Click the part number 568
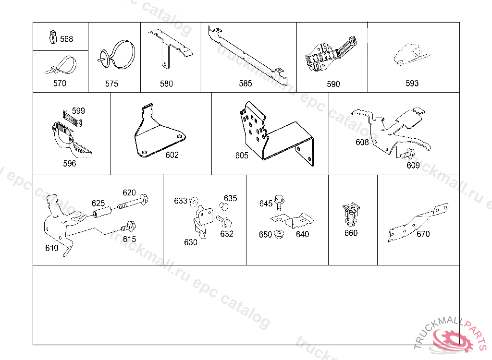click(66, 39)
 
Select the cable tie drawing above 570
click(61, 65)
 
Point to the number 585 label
click(246, 84)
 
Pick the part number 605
click(242, 155)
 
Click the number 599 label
click(78, 111)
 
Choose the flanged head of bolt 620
click(144, 200)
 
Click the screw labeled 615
click(128, 226)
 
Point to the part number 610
click(52, 248)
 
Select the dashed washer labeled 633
click(194, 201)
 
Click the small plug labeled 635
click(224, 207)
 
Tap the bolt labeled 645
click(279, 203)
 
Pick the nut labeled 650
click(279, 234)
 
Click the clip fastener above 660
click(351, 215)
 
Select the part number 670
click(423, 234)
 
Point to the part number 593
click(412, 83)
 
